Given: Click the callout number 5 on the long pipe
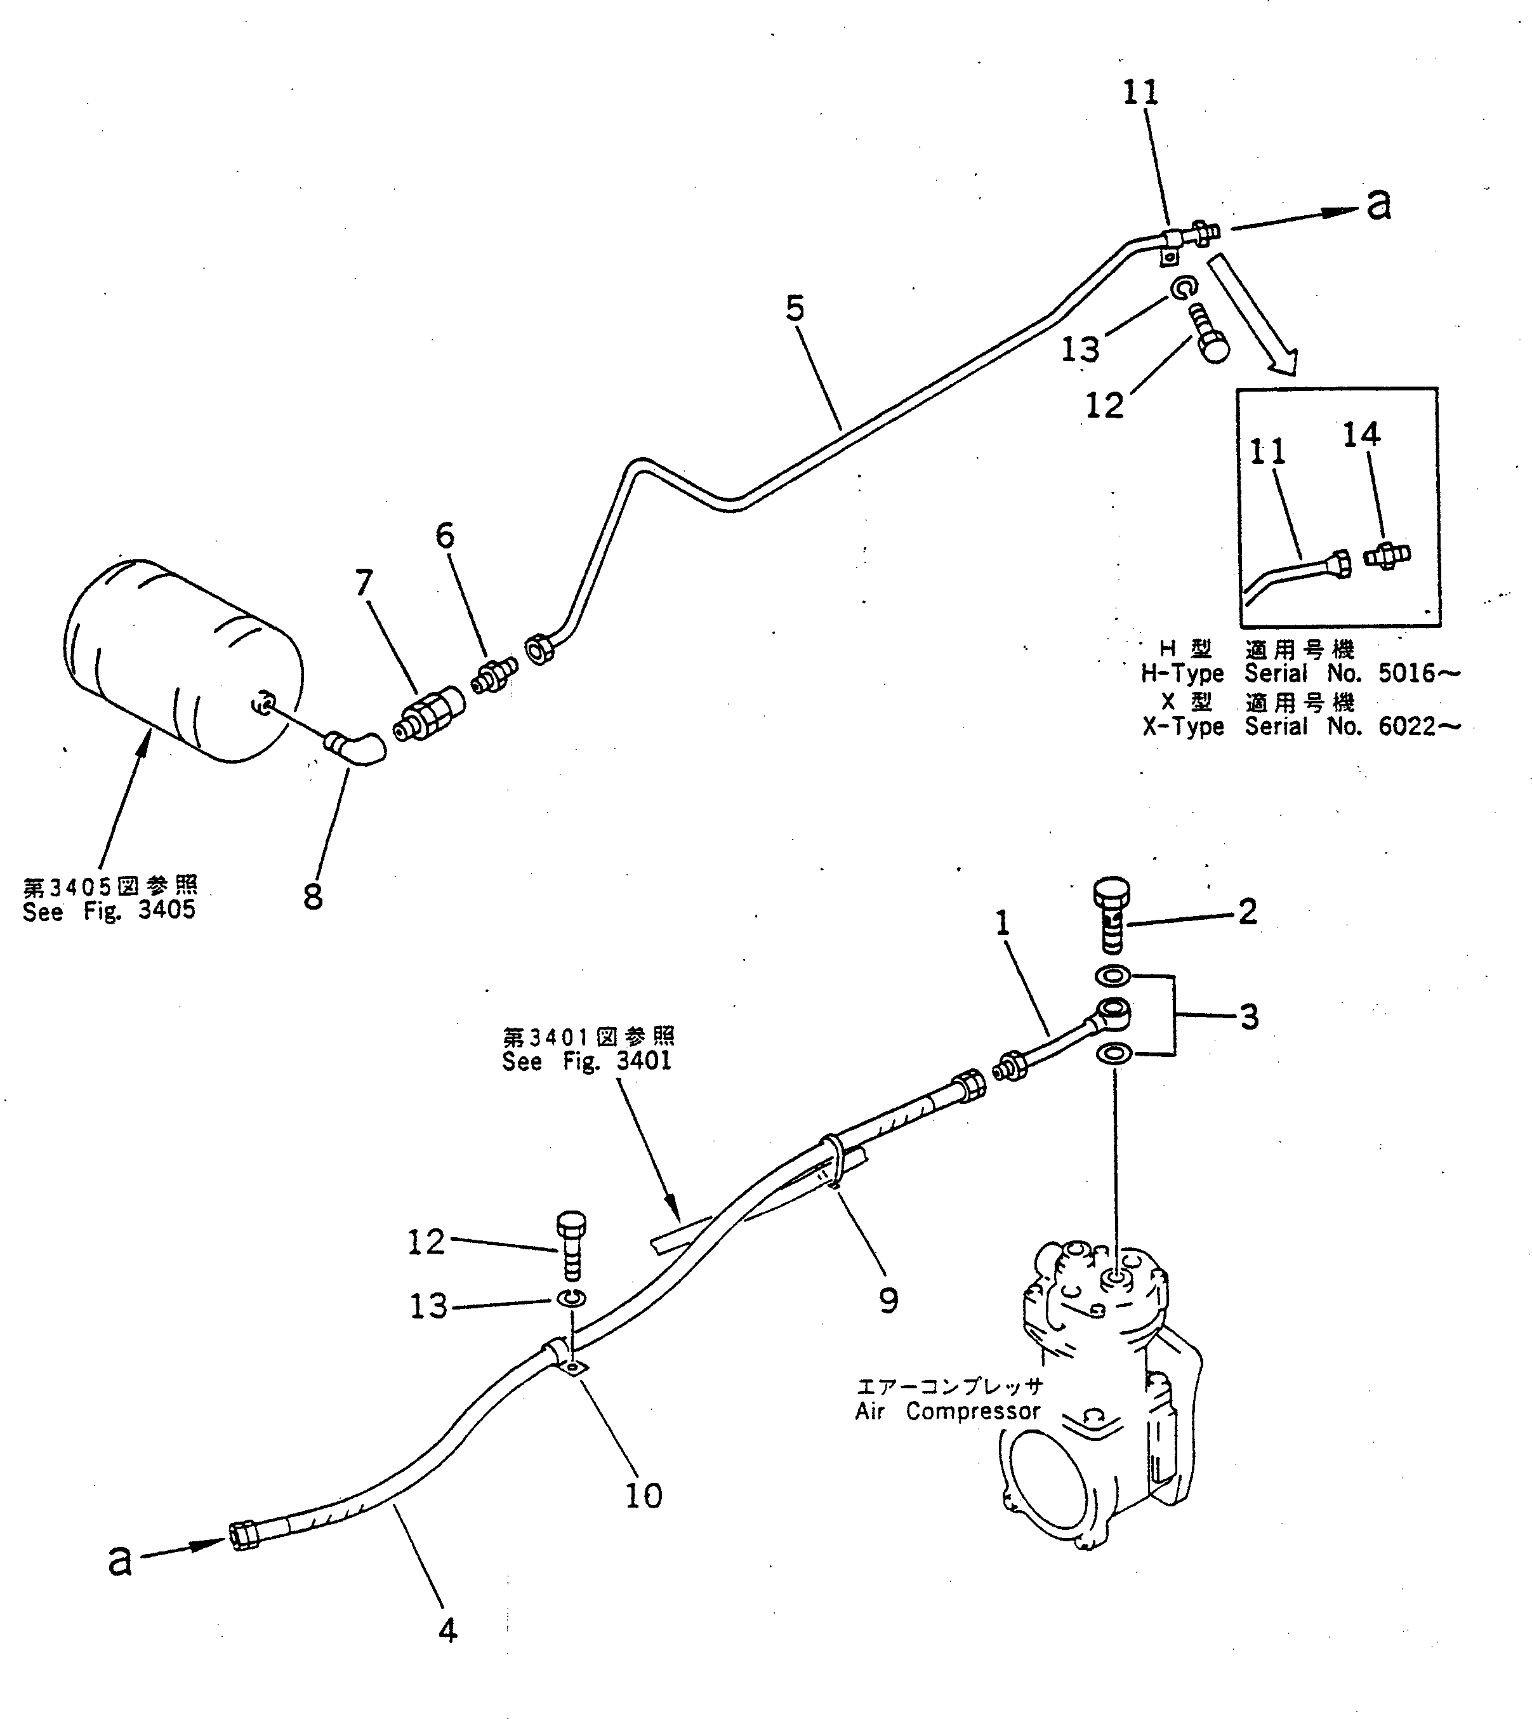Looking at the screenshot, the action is click(x=795, y=309).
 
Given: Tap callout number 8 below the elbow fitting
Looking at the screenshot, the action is click(x=313, y=896).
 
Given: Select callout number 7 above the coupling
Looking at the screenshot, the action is click(x=364, y=581).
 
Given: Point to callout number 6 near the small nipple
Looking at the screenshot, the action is click(x=444, y=534).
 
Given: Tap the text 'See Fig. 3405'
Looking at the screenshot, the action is click(x=109, y=911).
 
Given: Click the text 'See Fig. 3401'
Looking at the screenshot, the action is click(x=586, y=1061).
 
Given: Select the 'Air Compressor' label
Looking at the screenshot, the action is click(x=948, y=1412).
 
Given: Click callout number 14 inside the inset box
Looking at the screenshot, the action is click(x=1361, y=434).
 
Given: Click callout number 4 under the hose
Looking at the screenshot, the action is click(x=448, y=1631).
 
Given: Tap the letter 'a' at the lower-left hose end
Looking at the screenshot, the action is click(x=121, y=1560).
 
